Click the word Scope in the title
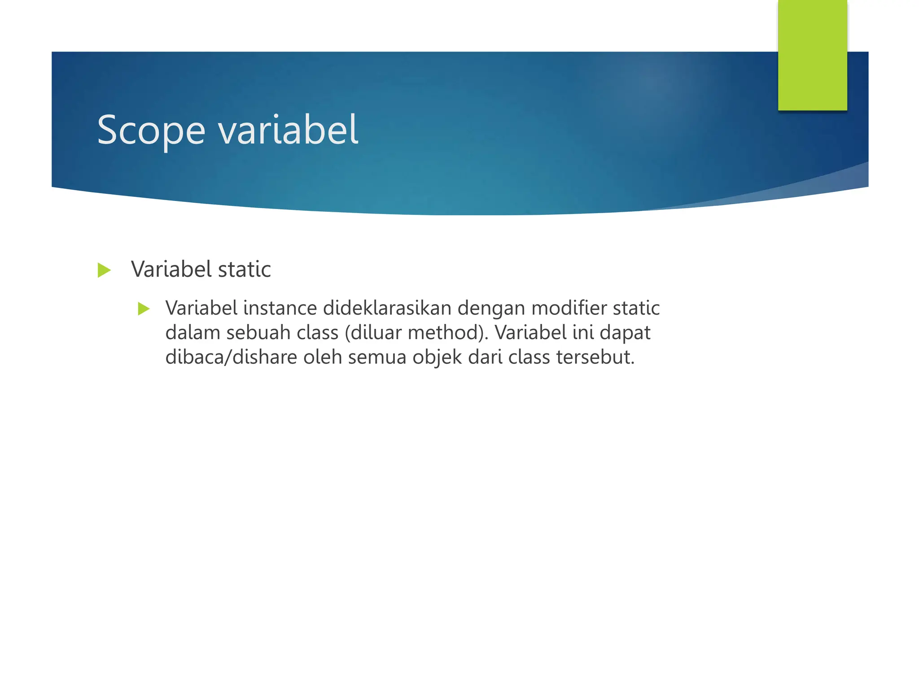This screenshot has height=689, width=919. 151,130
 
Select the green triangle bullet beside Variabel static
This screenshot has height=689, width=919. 104,270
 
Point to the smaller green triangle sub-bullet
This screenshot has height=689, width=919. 144,309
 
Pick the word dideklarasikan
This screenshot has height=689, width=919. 387,308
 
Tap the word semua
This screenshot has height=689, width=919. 377,358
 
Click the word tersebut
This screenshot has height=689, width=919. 595,358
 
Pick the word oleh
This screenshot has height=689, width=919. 323,358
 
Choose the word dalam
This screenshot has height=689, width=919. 193,333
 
